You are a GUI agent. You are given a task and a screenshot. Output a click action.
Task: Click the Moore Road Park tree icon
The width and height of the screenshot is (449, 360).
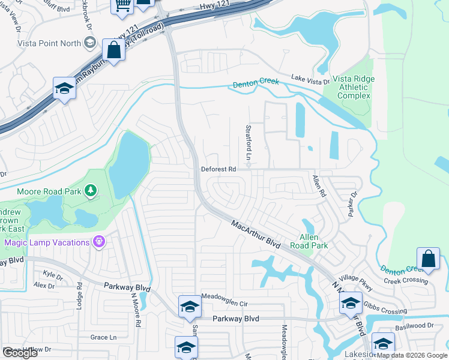point(91,191)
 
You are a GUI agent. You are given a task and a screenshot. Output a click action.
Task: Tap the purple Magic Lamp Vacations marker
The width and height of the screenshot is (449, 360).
point(100,242)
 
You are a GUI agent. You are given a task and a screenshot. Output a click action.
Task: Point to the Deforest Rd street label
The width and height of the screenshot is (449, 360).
point(218,170)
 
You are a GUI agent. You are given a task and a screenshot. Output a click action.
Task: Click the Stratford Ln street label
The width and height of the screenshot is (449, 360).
point(248,142)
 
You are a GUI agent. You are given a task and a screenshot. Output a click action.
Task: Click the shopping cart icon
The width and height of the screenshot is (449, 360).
point(122,5)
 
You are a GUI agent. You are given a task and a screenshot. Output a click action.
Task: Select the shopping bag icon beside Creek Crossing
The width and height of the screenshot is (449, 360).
point(429,260)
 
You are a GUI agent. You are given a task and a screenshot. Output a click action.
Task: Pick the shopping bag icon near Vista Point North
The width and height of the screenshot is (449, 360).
point(113,50)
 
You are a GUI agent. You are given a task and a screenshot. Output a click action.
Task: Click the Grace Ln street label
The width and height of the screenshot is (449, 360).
point(103,337)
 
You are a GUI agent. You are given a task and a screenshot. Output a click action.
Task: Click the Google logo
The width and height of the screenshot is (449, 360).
point(20,353)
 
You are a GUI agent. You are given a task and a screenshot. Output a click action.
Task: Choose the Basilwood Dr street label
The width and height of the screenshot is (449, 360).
point(414,325)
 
